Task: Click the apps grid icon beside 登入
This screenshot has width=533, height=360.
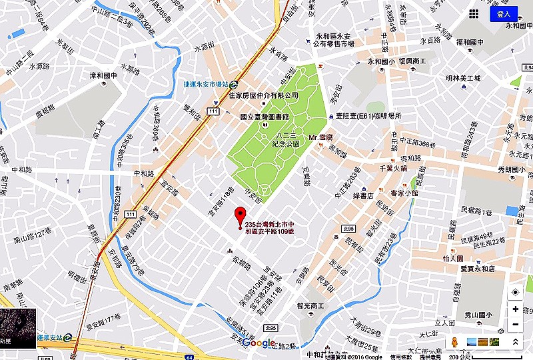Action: [474, 13]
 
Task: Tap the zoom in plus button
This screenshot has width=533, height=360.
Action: [515, 309]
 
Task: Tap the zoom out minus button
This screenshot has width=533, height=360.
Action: [515, 325]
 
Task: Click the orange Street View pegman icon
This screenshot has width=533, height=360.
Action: [454, 342]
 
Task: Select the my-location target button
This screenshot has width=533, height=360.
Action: [515, 293]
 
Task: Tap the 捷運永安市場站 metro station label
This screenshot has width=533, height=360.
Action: [206, 85]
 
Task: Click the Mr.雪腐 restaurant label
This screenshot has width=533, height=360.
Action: [320, 138]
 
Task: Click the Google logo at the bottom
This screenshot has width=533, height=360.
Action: [259, 343]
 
